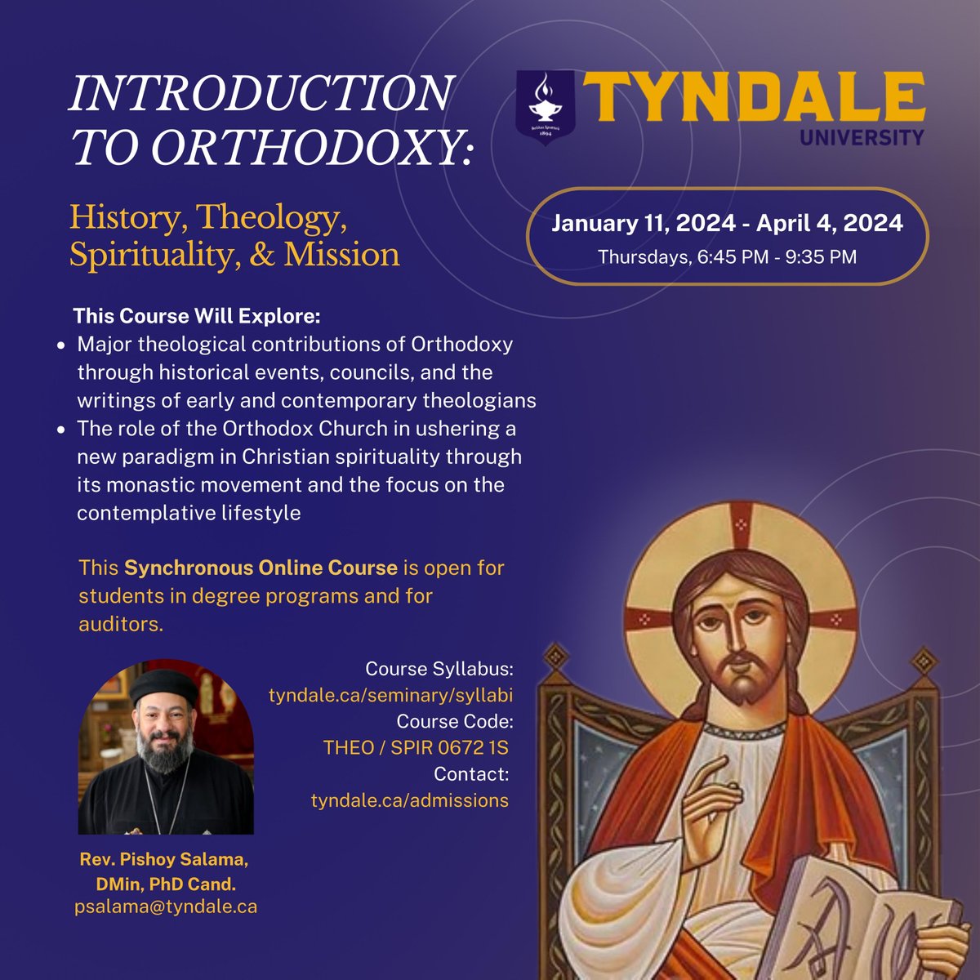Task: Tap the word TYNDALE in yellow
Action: [752, 96]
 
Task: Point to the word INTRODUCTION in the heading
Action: [261, 94]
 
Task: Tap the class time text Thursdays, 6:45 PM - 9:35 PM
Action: [727, 256]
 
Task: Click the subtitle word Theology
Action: [268, 218]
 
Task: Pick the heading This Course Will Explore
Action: [197, 315]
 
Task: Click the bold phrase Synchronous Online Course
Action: [261, 567]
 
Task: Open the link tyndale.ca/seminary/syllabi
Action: [390, 696]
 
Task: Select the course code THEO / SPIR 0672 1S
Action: [416, 748]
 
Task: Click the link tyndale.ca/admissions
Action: [409, 800]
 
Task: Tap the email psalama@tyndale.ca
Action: [165, 906]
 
